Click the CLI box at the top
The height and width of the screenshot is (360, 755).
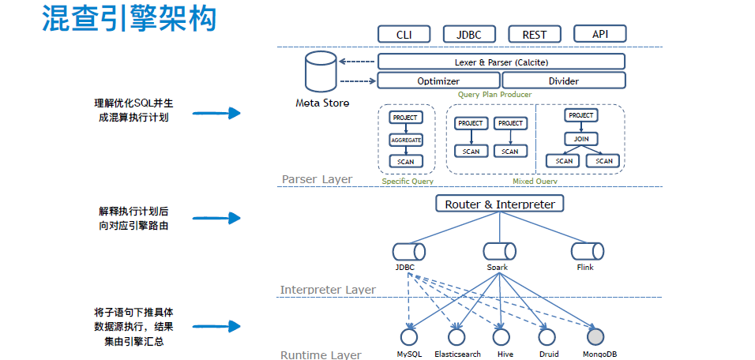(403, 34)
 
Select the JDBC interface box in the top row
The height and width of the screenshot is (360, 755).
(468, 34)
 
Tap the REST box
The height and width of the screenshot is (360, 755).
(534, 34)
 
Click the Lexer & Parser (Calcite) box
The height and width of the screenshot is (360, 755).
(501, 62)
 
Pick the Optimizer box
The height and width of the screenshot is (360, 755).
(438, 81)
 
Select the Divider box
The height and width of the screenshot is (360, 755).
(563, 81)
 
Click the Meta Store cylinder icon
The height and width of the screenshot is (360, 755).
(321, 72)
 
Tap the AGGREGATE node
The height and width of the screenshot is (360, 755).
(406, 140)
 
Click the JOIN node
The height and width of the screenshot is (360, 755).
(580, 139)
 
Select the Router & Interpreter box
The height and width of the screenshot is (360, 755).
(499, 204)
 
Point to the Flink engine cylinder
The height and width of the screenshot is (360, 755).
(585, 251)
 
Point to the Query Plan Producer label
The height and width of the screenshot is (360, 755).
(494, 95)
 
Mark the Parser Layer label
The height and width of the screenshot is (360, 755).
(317, 179)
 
